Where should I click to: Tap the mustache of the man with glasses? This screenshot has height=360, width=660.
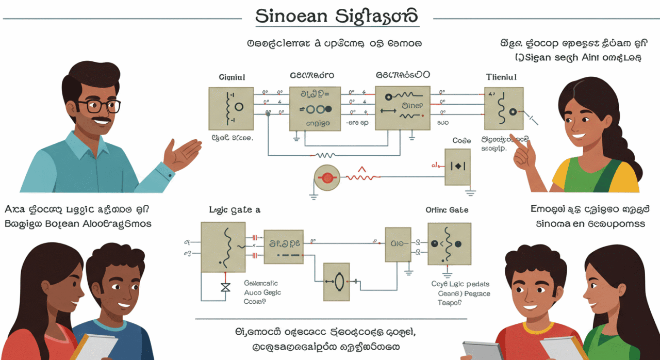point(102,121)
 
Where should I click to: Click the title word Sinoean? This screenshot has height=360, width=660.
point(291,16)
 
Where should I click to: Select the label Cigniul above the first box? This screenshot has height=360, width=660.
point(232,77)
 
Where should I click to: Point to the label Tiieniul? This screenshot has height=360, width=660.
point(502,77)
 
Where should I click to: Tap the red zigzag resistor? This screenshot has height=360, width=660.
point(363,175)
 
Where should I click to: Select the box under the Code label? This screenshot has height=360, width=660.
point(457,167)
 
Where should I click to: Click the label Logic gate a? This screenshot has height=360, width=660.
point(235,210)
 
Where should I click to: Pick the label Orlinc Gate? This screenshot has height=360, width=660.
point(447,210)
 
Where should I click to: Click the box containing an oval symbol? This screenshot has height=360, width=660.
point(337,282)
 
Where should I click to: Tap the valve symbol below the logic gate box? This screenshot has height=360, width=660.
point(225,287)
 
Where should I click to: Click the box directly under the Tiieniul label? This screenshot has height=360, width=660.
point(504,108)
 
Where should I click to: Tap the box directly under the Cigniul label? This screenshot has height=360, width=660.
point(231,108)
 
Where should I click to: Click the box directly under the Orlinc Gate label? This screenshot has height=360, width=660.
point(449,244)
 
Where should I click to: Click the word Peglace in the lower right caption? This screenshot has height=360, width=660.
point(477,294)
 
